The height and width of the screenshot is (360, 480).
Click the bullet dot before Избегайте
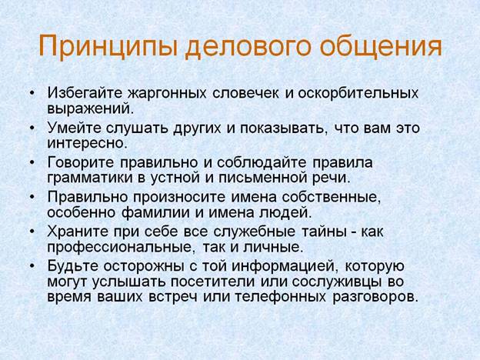(32, 92)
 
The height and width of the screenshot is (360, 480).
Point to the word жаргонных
(167, 93)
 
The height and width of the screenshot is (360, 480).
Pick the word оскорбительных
(358, 93)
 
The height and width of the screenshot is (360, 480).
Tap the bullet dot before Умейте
(32, 128)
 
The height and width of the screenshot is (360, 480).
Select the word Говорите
(81, 162)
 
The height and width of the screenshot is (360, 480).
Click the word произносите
(179, 197)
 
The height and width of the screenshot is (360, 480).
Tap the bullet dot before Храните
(32, 231)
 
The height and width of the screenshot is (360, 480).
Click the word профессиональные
(119, 248)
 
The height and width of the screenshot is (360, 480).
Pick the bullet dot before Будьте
(32, 266)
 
